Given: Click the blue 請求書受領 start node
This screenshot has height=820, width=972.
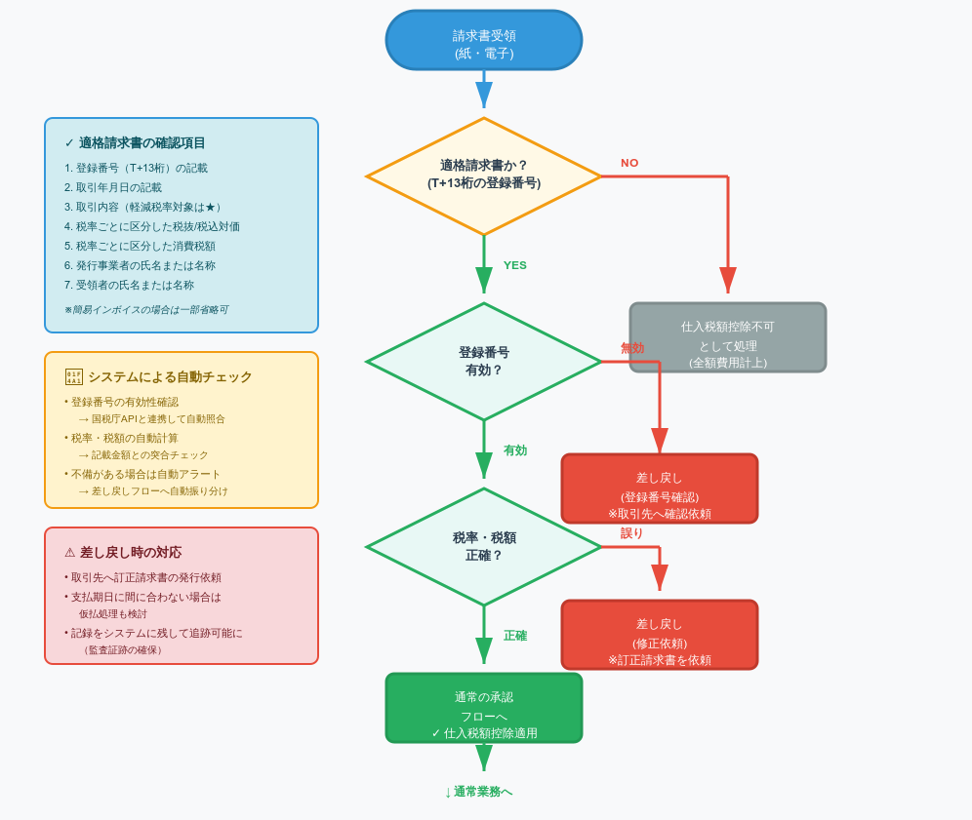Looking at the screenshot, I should [x=484, y=40].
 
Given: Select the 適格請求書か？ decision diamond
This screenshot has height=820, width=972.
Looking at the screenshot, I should [x=484, y=176].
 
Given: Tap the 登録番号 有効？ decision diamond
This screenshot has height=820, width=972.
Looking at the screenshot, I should [x=484, y=361].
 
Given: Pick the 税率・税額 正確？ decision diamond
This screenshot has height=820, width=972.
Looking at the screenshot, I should [x=484, y=546].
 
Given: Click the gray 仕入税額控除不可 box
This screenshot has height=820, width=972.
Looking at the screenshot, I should [x=728, y=337].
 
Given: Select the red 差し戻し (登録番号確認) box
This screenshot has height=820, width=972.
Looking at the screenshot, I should [x=660, y=488].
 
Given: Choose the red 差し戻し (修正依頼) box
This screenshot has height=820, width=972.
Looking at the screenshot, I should [x=660, y=635].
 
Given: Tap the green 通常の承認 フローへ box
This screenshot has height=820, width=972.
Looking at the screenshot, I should [x=484, y=708].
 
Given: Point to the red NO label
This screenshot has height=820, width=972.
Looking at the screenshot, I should [x=629, y=163].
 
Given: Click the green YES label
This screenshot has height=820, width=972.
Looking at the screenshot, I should [x=514, y=265].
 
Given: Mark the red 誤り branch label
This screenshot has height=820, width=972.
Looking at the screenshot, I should [x=631, y=533].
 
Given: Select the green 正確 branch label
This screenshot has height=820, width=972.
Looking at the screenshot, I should [x=514, y=636].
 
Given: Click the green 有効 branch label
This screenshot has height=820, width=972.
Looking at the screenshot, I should [x=514, y=450].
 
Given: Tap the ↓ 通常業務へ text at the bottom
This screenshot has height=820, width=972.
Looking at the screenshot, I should [x=478, y=792].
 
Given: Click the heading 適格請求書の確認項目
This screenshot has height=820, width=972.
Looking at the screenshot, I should [x=142, y=143].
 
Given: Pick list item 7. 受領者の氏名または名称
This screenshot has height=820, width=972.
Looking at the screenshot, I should [x=129, y=285].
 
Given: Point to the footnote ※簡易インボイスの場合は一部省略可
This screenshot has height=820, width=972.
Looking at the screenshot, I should [x=145, y=310].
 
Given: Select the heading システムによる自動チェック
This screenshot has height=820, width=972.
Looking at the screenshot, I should [x=170, y=377].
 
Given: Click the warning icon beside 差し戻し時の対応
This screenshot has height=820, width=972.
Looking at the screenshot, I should [x=69, y=553].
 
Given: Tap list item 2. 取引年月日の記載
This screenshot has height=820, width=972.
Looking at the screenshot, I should [x=113, y=187].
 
